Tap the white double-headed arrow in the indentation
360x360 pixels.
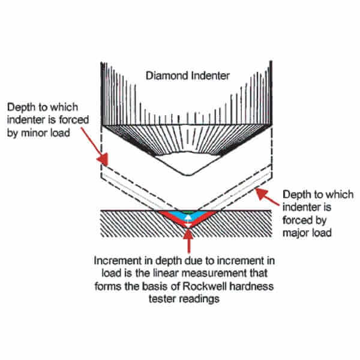coord(189,221)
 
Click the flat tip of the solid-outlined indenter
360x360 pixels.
coord(189,175)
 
